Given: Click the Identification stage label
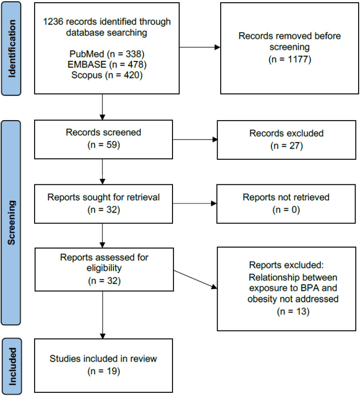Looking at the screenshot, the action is [12, 49].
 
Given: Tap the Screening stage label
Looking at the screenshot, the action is [12, 223].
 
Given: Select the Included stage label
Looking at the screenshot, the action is [12, 366].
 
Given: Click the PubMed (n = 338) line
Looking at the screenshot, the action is [107, 54].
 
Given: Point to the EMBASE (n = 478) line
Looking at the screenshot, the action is [107, 64].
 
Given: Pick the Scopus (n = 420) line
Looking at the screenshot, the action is [107, 75].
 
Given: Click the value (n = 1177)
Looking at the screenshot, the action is [289, 59].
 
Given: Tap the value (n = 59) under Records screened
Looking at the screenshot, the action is [103, 145].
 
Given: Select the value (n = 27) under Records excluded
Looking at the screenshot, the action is [286, 146].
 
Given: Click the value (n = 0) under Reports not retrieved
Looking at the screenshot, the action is [286, 210].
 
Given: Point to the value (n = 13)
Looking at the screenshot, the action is [293, 311].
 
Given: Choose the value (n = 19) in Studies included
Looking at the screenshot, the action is [103, 371].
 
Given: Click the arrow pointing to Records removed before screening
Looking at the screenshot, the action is [200, 47].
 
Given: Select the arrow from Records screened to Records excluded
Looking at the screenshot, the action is [195, 139].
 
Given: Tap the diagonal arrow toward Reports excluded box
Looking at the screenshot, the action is [195, 279].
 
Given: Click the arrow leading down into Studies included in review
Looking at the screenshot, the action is [103, 315].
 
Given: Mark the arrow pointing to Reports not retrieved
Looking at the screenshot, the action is [195, 203].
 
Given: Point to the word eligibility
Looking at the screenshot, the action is [104, 268].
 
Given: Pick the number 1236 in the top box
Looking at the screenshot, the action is [53, 22].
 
